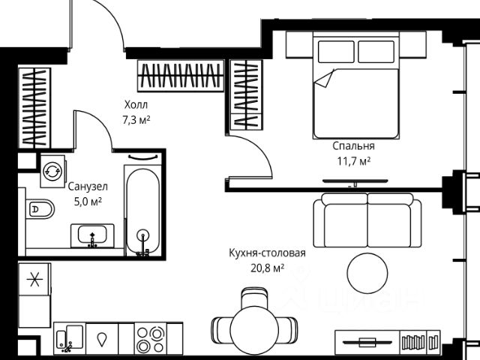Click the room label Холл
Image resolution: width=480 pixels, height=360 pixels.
pyautogui.click(x=136, y=105)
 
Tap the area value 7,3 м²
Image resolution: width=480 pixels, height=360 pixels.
pyautogui.click(x=136, y=120)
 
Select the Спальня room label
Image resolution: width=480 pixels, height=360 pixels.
pyautogui.click(x=353, y=146)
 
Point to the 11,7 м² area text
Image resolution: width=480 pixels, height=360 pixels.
pyautogui.click(x=354, y=161)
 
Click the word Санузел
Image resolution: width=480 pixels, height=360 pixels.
pyautogui.click(x=88, y=187)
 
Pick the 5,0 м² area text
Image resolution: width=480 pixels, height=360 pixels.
pyautogui.click(x=88, y=202)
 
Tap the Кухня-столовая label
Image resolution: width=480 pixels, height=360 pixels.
pyautogui.click(x=267, y=253)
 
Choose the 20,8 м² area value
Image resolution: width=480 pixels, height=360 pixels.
pyautogui.click(x=268, y=268)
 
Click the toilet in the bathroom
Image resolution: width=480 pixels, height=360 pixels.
pyautogui.click(x=40, y=209)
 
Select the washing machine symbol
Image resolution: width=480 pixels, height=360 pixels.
pyautogui.click(x=52, y=171)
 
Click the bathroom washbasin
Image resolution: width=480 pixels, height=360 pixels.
pyautogui.click(x=92, y=235)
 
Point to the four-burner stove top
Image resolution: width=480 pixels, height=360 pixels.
pyautogui.click(x=150, y=339)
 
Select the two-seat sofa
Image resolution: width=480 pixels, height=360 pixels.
pyautogui.click(x=367, y=220)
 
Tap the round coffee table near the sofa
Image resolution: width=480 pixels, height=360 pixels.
pyautogui.click(x=367, y=272)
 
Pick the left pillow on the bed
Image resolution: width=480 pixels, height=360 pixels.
pyautogui.click(x=336, y=52)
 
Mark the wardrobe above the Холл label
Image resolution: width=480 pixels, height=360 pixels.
pyautogui.click(x=181, y=76)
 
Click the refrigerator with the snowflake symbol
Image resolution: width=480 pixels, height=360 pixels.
pyautogui.click(x=34, y=279)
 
